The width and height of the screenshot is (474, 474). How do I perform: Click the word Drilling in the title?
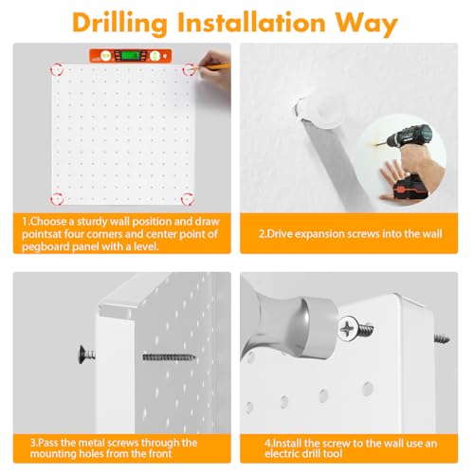pyautogui.click(x=119, y=24)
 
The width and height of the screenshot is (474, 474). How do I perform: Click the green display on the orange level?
pyautogui.click(x=131, y=55)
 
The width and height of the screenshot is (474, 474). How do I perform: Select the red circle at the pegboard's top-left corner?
pyautogui.click(x=57, y=69)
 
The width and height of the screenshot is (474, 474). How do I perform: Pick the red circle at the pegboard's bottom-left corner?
pyautogui.click(x=57, y=199)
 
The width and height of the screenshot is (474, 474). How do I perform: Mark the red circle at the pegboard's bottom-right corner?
pyautogui.click(x=188, y=199)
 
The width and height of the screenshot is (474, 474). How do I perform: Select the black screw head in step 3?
pyautogui.click(x=82, y=355)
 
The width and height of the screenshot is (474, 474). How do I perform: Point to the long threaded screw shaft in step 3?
pyautogui.click(x=169, y=357)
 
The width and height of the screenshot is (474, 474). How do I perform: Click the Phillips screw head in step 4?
pyautogui.click(x=349, y=329)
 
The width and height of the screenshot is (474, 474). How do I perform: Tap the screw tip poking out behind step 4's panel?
pyautogui.click(x=442, y=339)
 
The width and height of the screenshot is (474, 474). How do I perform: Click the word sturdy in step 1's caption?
pyautogui.click(x=92, y=222)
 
